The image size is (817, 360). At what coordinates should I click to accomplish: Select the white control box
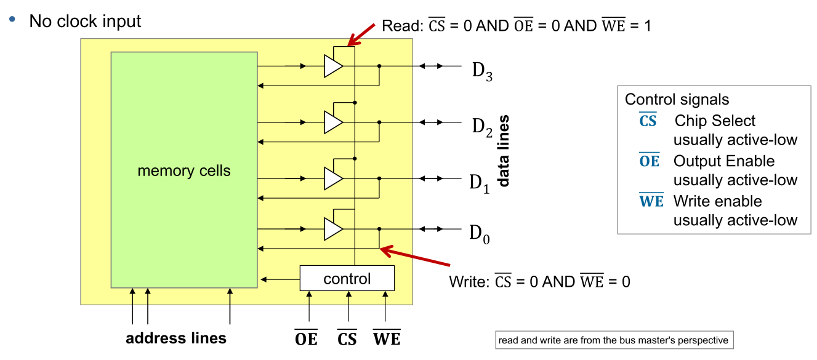[x=347, y=278]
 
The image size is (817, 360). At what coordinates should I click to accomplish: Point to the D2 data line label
[x=482, y=127]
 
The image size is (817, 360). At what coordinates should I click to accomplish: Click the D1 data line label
[x=480, y=183]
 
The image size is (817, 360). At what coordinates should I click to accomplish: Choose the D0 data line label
[x=480, y=234]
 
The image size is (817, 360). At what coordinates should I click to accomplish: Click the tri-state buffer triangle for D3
[x=332, y=66]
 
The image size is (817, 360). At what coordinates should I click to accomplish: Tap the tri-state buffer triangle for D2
[x=332, y=122]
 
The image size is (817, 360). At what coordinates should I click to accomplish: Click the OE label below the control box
[x=306, y=338]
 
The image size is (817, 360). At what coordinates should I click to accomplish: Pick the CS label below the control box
[x=347, y=338]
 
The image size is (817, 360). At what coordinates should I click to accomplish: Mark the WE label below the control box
[x=387, y=338]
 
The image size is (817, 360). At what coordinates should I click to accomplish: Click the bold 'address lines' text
[x=176, y=338]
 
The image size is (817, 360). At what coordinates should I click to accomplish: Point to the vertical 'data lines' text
[x=504, y=151]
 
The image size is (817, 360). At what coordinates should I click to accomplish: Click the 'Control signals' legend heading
[x=677, y=100]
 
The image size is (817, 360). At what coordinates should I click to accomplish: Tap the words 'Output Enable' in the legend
[x=724, y=161]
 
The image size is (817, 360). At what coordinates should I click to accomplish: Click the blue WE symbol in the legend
[x=651, y=201]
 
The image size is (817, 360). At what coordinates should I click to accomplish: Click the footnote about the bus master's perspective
[x=613, y=340]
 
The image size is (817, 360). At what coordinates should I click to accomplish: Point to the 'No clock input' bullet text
[x=85, y=22]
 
